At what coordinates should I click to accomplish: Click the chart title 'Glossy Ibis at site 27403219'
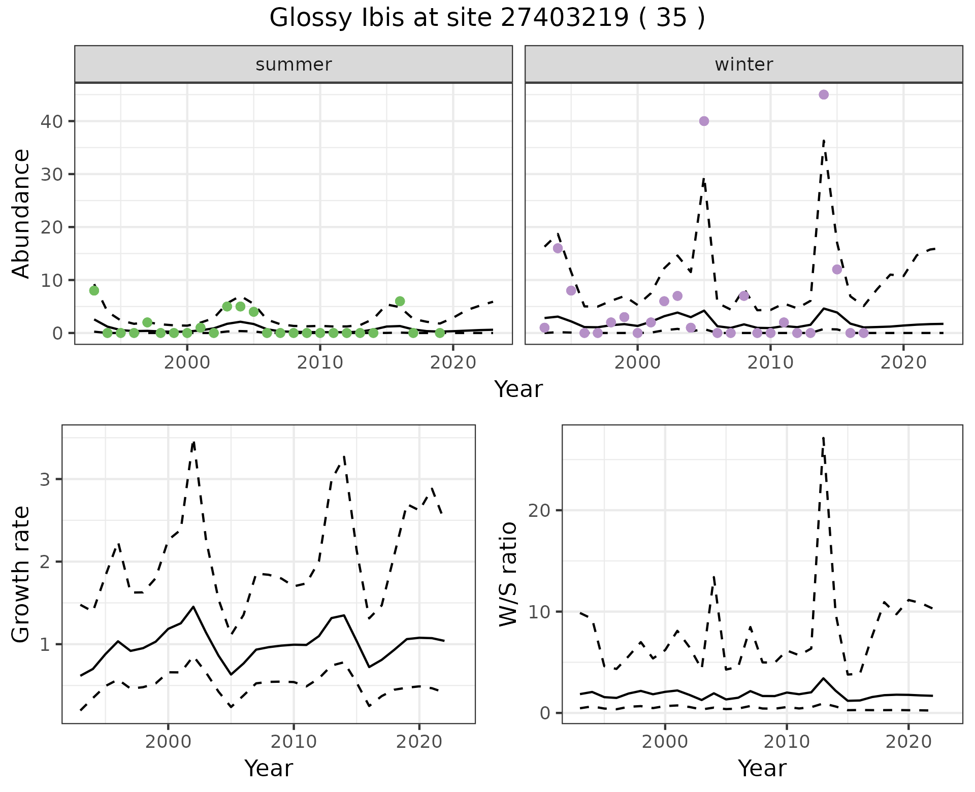486,18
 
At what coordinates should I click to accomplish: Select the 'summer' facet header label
294,64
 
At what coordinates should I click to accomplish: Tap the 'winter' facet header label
743,64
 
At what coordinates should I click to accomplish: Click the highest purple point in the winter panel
824,95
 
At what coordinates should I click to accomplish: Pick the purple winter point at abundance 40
704,121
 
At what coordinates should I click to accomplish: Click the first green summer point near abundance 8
94,290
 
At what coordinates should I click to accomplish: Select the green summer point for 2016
400,301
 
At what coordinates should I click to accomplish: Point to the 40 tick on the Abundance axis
55,121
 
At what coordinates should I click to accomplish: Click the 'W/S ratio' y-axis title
508,574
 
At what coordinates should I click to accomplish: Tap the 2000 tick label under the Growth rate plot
168,742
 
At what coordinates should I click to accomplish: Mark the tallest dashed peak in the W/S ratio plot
823,438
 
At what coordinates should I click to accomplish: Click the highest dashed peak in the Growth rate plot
193,442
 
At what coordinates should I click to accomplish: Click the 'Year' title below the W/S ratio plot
762,768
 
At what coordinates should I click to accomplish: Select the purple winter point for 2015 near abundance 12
837,269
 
